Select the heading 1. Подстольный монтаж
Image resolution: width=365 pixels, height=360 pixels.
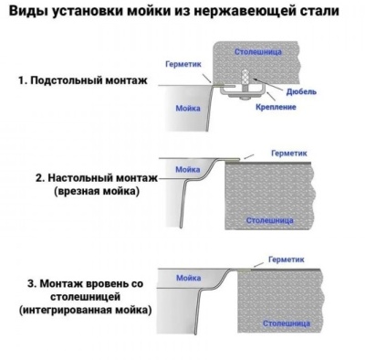coord(81,80)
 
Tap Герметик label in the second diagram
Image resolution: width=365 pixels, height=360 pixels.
coord(291,154)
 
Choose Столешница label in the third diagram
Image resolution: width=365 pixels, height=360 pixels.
coord(282,323)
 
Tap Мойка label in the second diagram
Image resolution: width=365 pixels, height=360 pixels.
coord(188,170)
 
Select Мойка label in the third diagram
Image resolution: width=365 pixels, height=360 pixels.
coord(189,277)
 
